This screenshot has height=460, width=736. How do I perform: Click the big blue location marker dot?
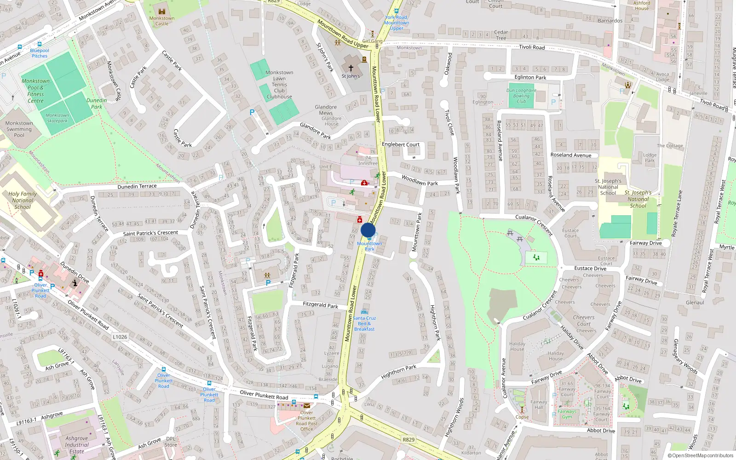pyautogui.click(x=368, y=230)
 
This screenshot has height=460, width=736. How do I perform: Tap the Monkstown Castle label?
pyautogui.click(x=162, y=21)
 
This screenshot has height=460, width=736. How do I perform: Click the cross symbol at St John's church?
pyautogui.click(x=351, y=68)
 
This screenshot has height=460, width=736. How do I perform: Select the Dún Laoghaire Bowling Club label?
pyautogui.click(x=521, y=96)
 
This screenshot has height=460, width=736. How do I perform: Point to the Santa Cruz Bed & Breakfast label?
pyautogui.click(x=364, y=323)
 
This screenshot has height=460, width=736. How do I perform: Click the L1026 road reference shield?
pyautogui.click(x=120, y=337)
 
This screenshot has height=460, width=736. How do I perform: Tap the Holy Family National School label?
pyautogui.click(x=23, y=200)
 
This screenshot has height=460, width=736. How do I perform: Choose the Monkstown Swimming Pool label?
pyautogui.click(x=19, y=129)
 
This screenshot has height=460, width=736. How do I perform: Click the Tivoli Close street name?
pyautogui.click(x=449, y=122)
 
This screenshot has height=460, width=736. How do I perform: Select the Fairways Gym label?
pyautogui.click(x=567, y=414)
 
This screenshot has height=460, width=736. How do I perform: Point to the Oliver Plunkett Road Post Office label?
pyautogui.click(x=306, y=421)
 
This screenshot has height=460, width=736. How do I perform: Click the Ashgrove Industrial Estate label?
pyautogui.click(x=77, y=445)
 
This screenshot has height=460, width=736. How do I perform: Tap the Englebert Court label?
pyautogui.click(x=401, y=144)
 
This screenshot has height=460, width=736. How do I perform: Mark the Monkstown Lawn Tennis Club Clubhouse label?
pyautogui.click(x=279, y=85)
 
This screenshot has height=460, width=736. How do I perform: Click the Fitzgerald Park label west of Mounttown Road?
pyautogui.click(x=320, y=305)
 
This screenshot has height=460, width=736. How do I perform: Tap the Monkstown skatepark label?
pyautogui.click(x=57, y=118)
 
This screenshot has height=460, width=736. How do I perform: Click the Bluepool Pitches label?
pyautogui.click(x=40, y=53)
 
